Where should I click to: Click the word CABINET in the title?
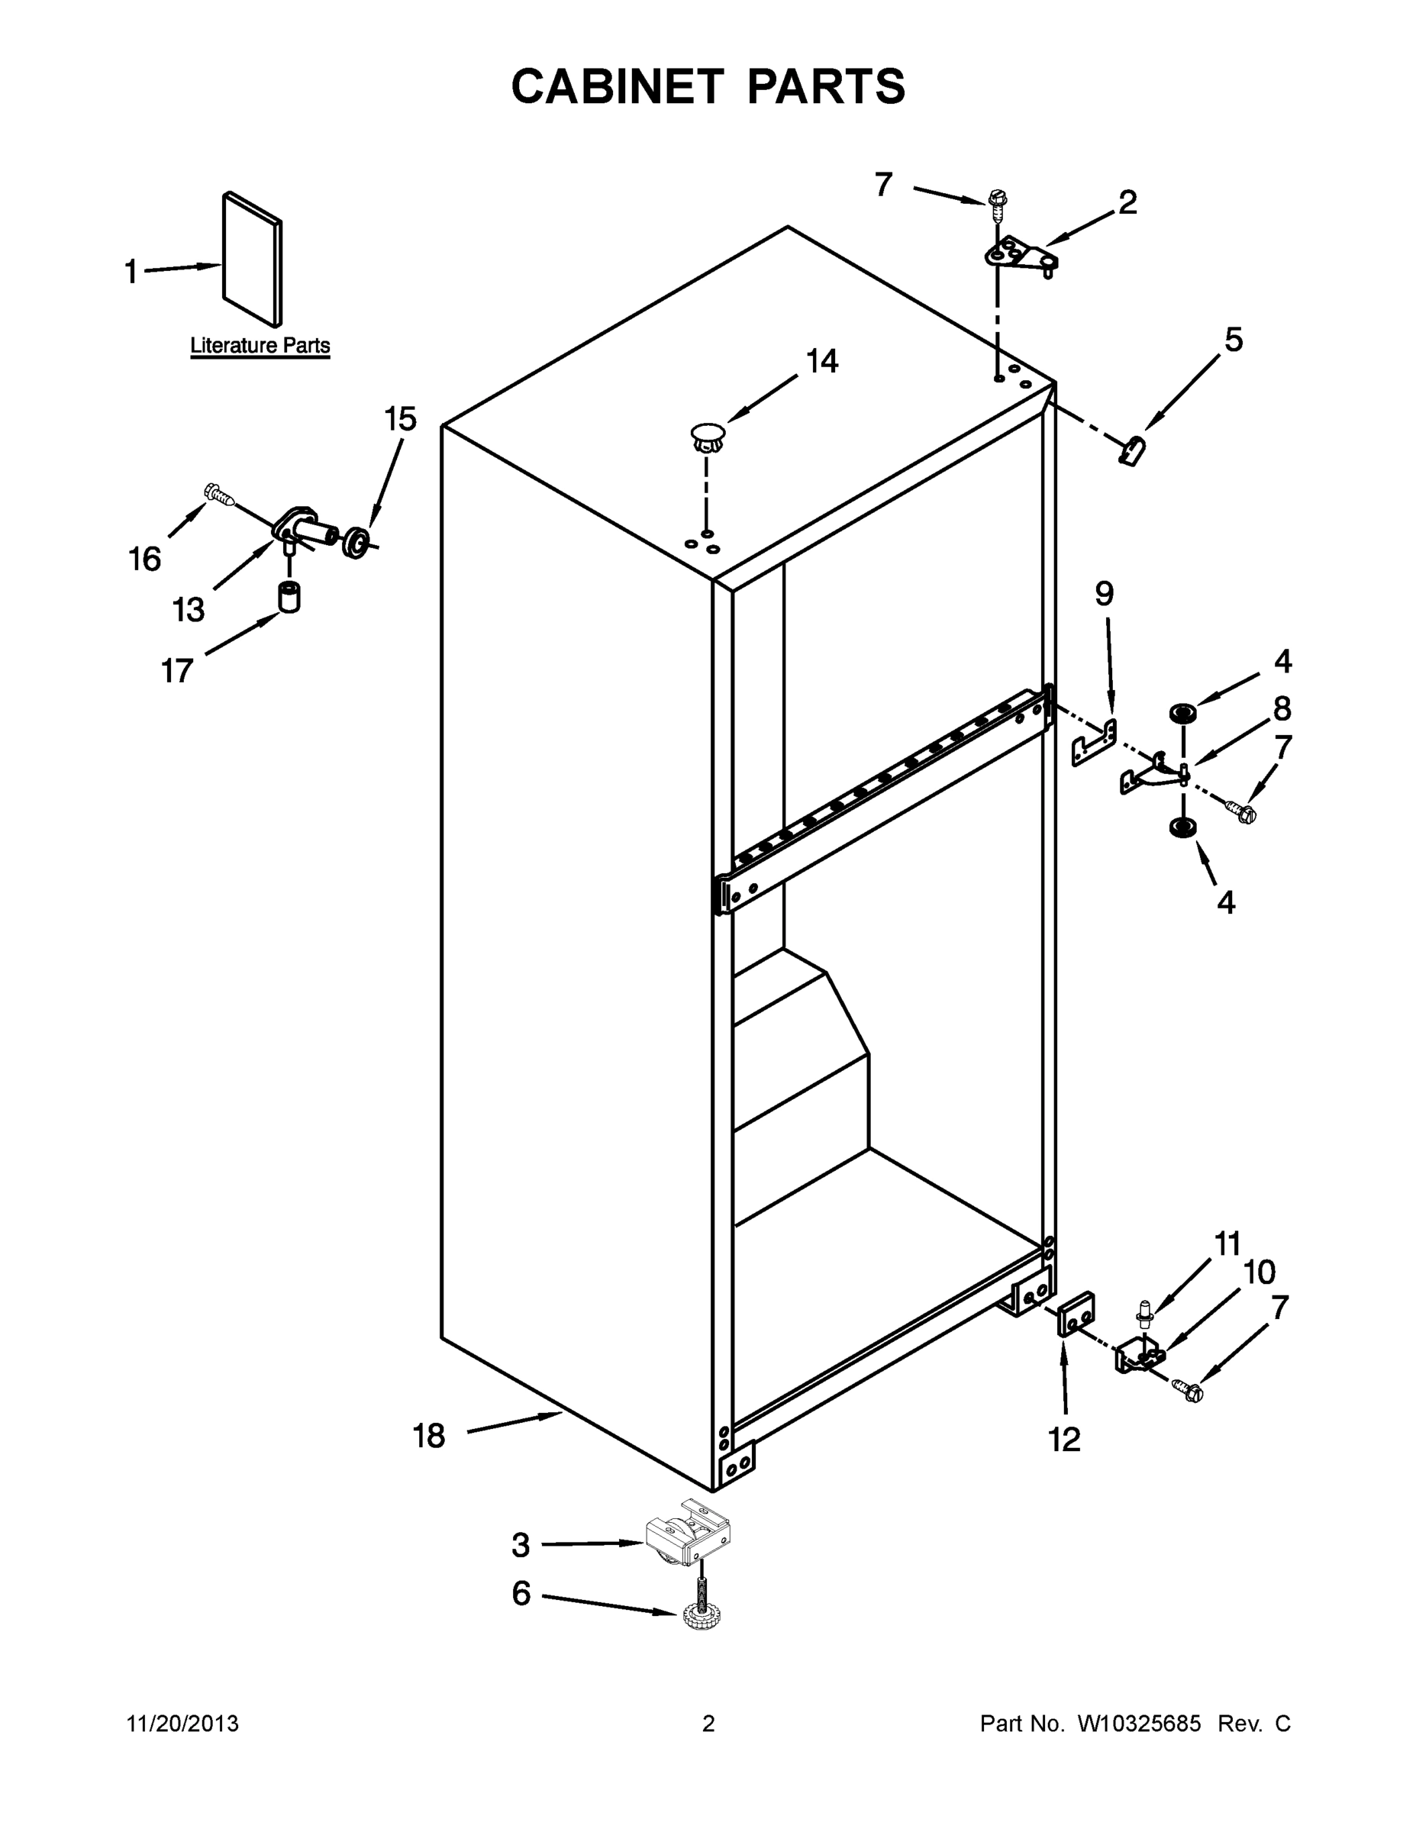click(617, 86)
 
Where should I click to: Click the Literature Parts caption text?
click(260, 346)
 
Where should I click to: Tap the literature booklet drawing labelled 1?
click(253, 260)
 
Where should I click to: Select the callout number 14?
click(821, 362)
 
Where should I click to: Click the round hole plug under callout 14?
click(706, 436)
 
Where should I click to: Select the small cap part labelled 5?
click(1134, 450)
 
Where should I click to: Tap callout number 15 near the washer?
click(400, 418)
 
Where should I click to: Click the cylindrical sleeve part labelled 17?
click(289, 596)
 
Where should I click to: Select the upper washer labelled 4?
click(1182, 714)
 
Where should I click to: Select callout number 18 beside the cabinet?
click(429, 1436)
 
